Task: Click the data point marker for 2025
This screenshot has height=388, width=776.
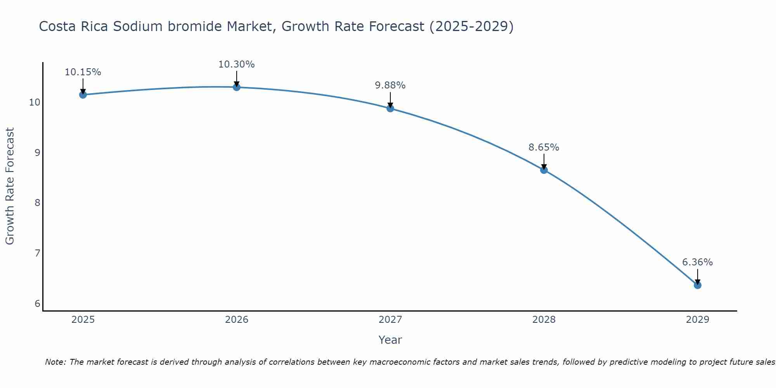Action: (83, 95)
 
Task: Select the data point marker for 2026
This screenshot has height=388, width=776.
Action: (236, 87)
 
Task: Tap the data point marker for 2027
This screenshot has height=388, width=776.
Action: (390, 108)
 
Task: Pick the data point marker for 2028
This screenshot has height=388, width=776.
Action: (544, 170)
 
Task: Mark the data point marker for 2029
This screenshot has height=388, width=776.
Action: (697, 285)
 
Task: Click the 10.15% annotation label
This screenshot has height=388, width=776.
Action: (83, 72)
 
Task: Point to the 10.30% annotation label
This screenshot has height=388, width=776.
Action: (236, 64)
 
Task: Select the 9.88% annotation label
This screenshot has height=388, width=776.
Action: (390, 85)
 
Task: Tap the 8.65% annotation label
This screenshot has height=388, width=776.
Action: (544, 147)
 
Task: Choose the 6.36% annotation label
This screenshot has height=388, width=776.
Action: (697, 262)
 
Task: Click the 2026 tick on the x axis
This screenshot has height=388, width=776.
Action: (236, 320)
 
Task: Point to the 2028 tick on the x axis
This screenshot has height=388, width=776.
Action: (544, 320)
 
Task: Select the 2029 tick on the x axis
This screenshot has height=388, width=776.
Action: (697, 320)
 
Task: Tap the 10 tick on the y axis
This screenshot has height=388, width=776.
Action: (35, 102)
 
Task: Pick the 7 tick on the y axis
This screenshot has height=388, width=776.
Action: (37, 253)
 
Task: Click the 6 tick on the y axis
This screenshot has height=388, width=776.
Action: (37, 303)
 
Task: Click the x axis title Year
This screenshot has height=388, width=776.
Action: (390, 340)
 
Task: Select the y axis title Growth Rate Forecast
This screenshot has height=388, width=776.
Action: (10, 186)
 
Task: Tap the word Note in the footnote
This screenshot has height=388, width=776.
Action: (55, 362)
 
